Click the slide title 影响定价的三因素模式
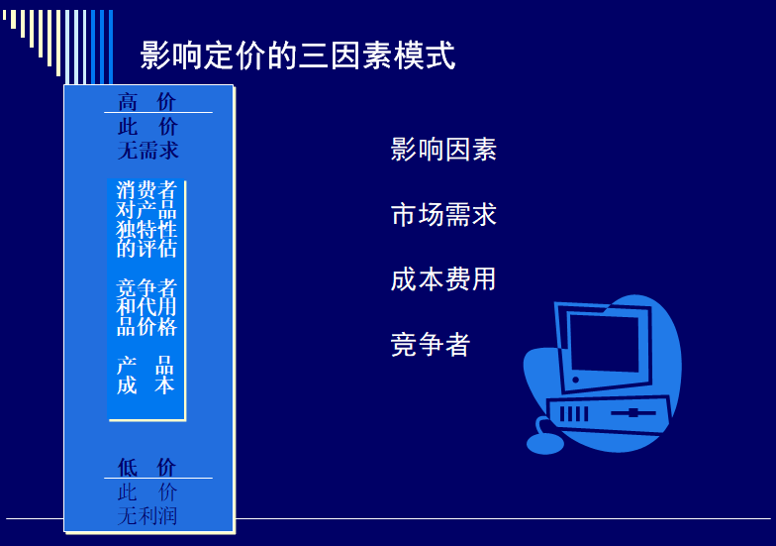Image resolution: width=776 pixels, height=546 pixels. (297, 55)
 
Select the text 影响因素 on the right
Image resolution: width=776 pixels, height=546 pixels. (443, 149)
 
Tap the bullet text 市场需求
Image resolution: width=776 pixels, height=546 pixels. (443, 214)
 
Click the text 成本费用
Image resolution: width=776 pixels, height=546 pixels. (443, 279)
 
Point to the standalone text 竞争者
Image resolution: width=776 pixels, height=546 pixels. (430, 345)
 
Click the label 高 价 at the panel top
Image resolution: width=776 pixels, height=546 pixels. (146, 102)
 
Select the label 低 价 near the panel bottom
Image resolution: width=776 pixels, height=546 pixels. (146, 467)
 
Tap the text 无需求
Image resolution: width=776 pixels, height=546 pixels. (148, 151)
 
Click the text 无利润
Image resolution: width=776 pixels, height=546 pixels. (147, 515)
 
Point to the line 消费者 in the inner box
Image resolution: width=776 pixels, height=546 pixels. (146, 190)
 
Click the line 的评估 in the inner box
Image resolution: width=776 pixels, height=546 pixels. (146, 248)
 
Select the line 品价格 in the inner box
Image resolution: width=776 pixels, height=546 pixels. (146, 327)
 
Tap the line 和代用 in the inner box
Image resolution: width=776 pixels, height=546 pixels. (146, 307)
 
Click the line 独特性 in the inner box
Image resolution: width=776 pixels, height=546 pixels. (146, 229)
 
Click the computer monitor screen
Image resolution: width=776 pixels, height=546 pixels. (604, 343)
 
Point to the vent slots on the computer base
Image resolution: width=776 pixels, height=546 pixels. (574, 413)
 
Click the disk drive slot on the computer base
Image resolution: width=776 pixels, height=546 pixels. (633, 412)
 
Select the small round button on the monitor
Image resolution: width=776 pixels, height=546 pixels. (576, 381)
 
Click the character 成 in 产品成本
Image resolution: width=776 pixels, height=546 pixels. (127, 384)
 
